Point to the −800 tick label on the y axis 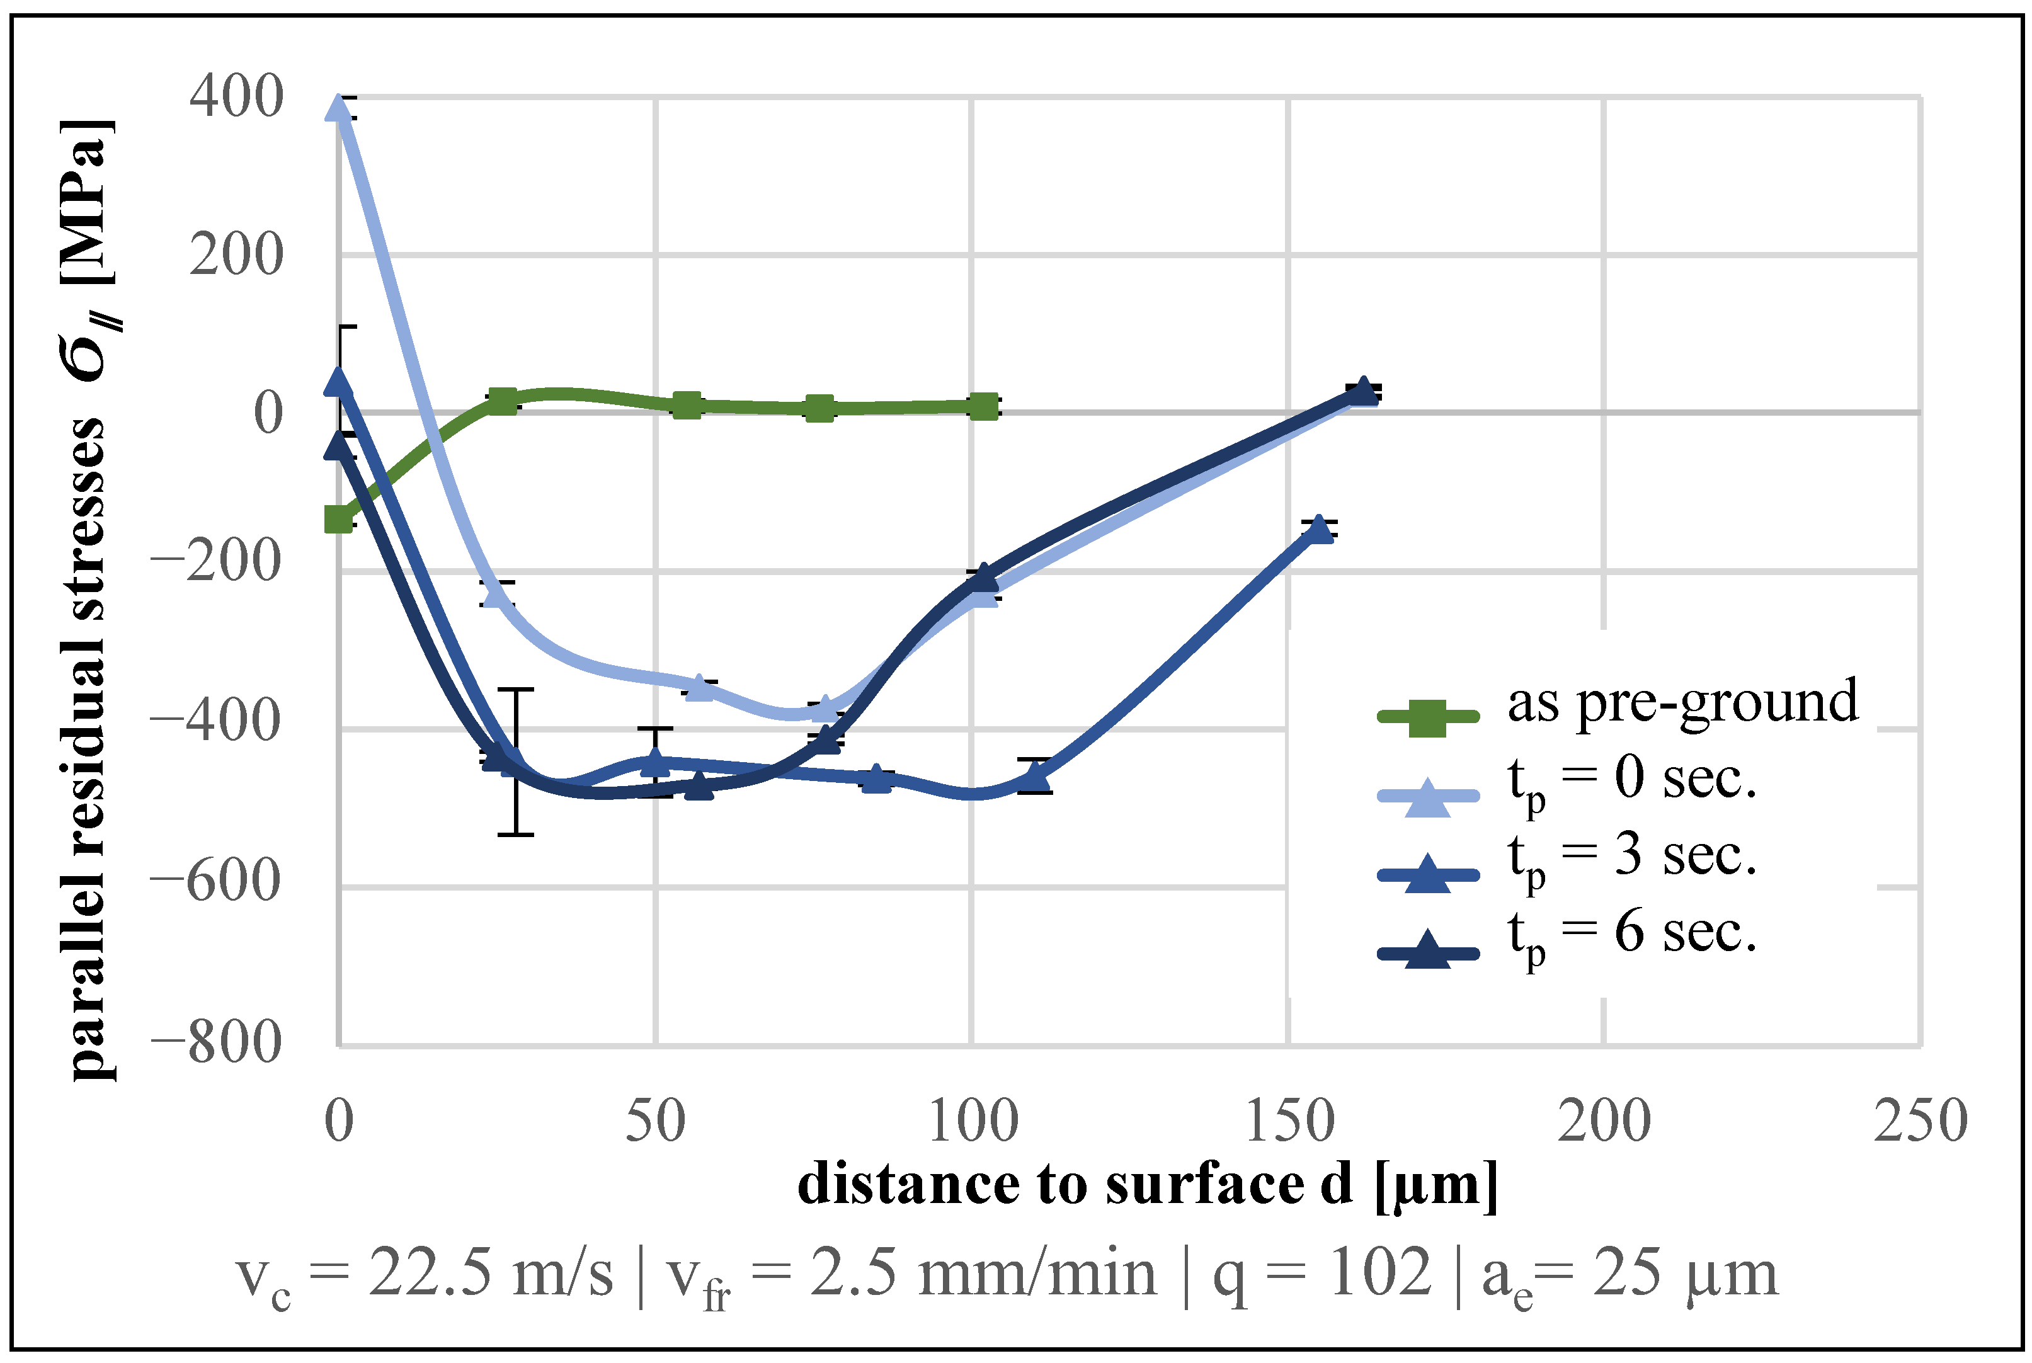point(217,1041)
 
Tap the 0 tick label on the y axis point(268,412)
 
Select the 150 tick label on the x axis point(1289,1121)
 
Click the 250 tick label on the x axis point(1920,1121)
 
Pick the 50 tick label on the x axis point(655,1121)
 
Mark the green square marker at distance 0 point(338,520)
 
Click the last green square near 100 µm point(983,406)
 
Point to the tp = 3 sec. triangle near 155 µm point(1320,528)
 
